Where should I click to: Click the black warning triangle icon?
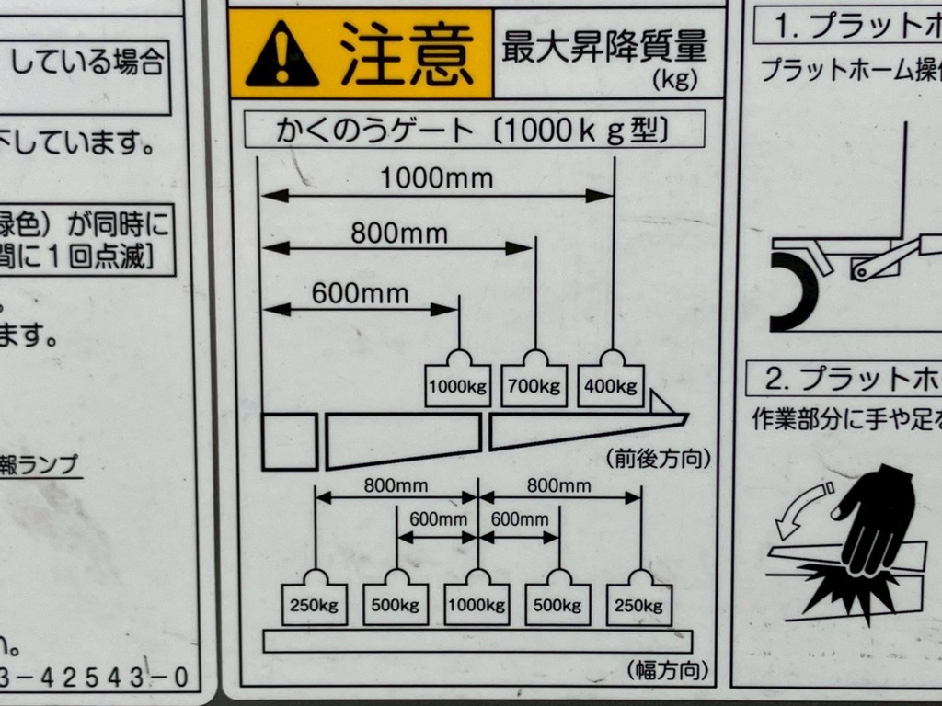click(x=282, y=56)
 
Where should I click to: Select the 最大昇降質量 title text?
click(x=603, y=46)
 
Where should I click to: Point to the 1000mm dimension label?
click(x=437, y=178)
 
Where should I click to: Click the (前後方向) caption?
click(x=658, y=458)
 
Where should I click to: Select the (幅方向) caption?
click(x=668, y=670)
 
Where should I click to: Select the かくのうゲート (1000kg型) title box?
click(x=474, y=131)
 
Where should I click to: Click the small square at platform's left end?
click(x=289, y=442)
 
